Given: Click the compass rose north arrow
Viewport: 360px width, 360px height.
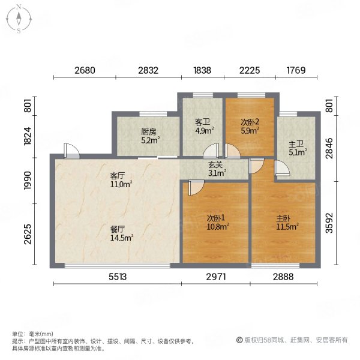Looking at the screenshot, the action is (19, 19).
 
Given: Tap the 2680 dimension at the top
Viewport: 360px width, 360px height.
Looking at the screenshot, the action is (85, 70).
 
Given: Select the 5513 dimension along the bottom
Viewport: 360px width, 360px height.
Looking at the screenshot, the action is (118, 277).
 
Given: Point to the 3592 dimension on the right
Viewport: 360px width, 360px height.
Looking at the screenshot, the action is (329, 223).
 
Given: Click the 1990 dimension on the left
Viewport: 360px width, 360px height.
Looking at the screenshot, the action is (28, 181).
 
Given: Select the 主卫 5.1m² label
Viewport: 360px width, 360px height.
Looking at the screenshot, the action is (298, 148).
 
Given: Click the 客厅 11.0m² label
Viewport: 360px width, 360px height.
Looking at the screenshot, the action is (121, 180).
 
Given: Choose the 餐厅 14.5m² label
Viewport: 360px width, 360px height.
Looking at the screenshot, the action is (122, 233).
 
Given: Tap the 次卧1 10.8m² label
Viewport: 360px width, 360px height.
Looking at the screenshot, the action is (218, 222).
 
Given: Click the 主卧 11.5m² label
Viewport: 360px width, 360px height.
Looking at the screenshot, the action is (287, 222).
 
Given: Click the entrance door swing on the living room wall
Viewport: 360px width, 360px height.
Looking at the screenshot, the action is (71, 151).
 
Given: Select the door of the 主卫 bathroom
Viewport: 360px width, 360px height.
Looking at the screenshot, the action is (282, 168).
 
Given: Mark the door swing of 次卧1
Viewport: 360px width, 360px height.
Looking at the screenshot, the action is (196, 188).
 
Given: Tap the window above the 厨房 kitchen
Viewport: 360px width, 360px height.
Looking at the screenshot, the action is (153, 114).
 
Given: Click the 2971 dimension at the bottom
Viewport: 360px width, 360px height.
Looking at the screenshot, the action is (216, 277).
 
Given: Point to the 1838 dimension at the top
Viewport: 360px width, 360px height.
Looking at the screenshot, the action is (202, 70).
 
